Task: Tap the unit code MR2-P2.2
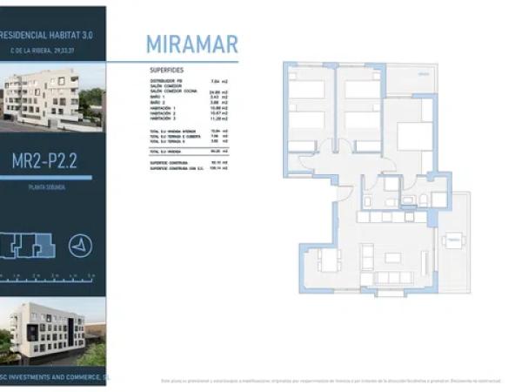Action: [52, 160]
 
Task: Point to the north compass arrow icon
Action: [80, 247]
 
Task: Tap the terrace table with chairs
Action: [452, 241]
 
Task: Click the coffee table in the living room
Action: [393, 259]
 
